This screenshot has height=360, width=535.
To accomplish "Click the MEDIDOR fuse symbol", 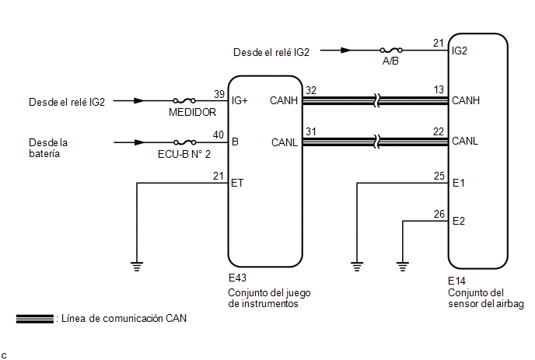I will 184,101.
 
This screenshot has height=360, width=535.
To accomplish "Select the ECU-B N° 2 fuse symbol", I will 184,142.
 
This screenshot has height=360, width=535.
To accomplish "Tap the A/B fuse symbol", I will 390,51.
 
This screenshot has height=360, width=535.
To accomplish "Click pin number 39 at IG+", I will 219,93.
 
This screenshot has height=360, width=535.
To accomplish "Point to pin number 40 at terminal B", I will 219,135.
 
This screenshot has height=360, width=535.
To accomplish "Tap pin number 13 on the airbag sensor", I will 439,90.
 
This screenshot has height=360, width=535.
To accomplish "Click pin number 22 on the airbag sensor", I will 439,131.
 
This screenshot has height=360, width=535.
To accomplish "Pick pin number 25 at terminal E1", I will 439,176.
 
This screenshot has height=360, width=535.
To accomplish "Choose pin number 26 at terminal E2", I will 439,214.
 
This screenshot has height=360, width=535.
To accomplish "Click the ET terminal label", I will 238,183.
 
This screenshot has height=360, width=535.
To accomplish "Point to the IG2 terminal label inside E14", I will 460,52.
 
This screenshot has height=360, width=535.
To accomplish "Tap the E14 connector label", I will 457,281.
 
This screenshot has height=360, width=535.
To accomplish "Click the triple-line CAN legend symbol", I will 34,318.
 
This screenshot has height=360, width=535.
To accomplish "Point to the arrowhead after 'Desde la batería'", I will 139,142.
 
